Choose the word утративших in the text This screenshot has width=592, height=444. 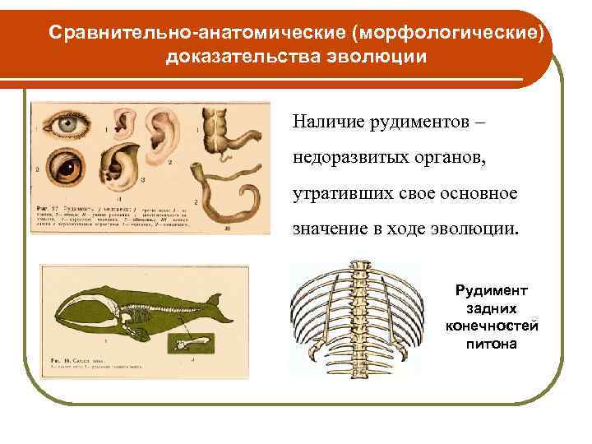[336, 192]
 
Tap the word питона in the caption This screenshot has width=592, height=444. [493, 343]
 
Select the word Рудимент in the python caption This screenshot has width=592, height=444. [493, 291]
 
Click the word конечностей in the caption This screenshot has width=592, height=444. [493, 326]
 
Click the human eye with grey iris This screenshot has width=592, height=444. [64, 125]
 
